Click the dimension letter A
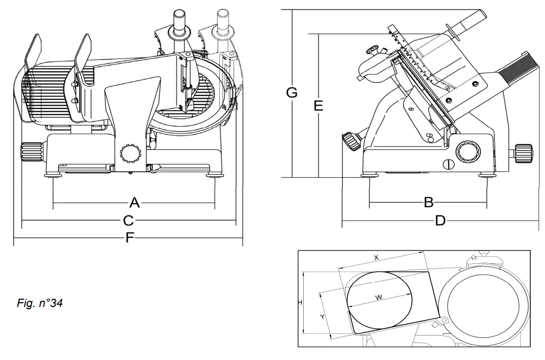coord(134,202)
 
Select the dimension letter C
coord(129,220)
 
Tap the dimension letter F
coord(129,238)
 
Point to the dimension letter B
coord(428,202)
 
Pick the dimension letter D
coord(440,221)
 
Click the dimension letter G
coord(291,92)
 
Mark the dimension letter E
coord(318,106)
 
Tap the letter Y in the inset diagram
coord(322,317)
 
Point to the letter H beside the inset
coord(300,303)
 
